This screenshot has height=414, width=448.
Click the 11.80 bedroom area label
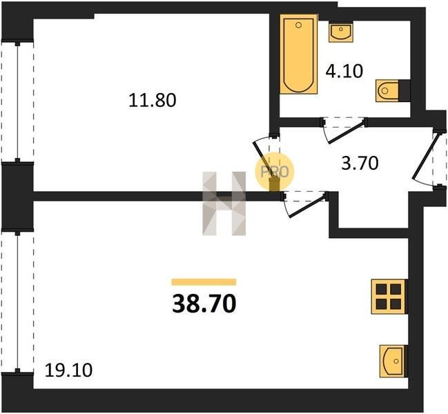(153, 101)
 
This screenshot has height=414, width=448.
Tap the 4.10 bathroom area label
(344, 71)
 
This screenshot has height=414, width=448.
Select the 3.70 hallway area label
(360, 164)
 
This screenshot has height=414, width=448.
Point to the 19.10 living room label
(68, 371)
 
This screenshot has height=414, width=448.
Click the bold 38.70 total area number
(204, 304)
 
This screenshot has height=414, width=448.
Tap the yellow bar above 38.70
(204, 282)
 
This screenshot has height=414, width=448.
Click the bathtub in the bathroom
(299, 55)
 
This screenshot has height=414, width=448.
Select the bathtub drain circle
(299, 25)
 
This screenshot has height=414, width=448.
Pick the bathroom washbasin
(340, 32)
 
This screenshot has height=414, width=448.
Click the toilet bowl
(387, 90)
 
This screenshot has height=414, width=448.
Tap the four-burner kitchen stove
(388, 297)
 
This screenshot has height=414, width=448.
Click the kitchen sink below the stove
(392, 361)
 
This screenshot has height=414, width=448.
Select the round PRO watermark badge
(274, 172)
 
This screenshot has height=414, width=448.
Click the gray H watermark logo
(224, 204)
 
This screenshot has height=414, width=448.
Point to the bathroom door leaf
(347, 132)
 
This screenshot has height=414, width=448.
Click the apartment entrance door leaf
(424, 156)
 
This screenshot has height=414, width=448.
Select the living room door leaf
(308, 206)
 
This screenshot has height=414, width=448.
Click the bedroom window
(18, 102)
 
